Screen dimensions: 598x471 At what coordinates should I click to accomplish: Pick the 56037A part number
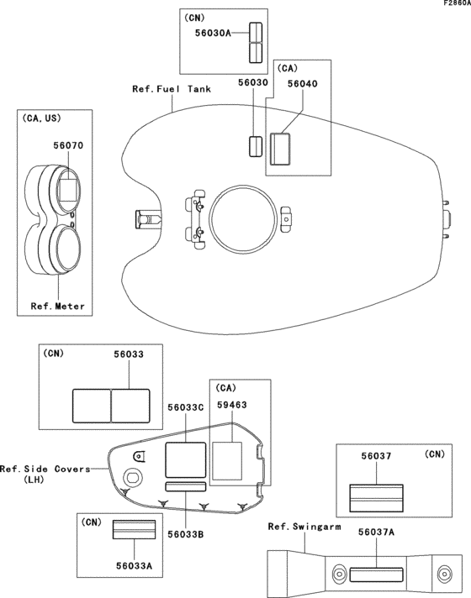(x=376, y=532)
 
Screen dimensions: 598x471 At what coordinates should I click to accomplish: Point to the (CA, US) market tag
(x=40, y=120)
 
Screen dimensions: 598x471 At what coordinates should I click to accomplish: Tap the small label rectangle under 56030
(x=253, y=144)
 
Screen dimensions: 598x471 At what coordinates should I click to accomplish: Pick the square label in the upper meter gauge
(x=69, y=186)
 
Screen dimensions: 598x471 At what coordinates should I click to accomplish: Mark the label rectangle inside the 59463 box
(x=227, y=459)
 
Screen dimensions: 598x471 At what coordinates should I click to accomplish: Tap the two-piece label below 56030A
(x=254, y=44)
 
